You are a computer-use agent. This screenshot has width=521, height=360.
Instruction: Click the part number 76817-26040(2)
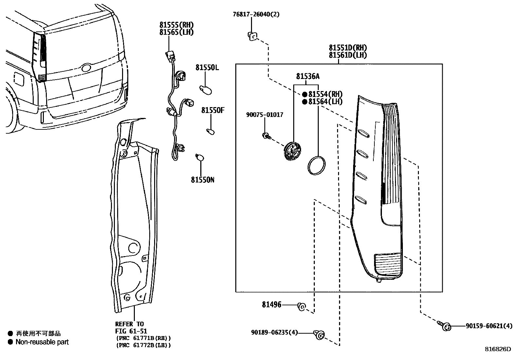(x=256, y=14)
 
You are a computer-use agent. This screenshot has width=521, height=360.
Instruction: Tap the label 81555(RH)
(x=176, y=25)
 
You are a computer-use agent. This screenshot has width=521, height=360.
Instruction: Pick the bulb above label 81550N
(x=199, y=157)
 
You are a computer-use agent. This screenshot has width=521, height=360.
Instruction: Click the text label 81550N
(x=203, y=180)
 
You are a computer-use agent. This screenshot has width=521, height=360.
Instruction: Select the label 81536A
(x=308, y=76)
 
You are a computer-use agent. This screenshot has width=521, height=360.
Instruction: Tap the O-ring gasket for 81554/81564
(x=316, y=165)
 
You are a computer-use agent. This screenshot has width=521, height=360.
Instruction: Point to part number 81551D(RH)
(x=348, y=48)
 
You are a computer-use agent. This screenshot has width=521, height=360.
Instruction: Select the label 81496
(x=271, y=305)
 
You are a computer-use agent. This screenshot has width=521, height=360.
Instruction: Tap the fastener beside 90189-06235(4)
(x=319, y=334)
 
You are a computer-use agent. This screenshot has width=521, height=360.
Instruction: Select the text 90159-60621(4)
(x=489, y=326)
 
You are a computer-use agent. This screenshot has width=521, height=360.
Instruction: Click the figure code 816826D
(x=497, y=349)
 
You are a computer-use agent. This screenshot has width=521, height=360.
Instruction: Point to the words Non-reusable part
(x=42, y=342)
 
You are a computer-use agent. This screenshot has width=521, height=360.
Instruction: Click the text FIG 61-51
(x=131, y=331)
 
